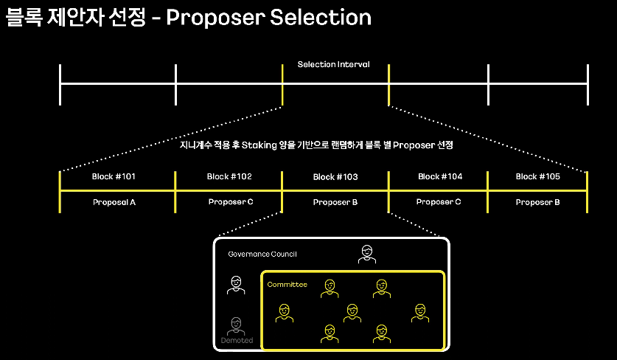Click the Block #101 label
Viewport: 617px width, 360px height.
114,177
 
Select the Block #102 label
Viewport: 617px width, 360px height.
229,177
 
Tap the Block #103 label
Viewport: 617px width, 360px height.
335,177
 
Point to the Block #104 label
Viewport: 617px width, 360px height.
440,177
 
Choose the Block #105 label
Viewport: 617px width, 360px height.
537,177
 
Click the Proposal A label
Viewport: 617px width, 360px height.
114,201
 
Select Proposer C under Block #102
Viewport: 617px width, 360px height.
230,201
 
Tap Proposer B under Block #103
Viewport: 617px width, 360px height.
335,201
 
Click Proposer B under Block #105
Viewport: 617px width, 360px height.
538,201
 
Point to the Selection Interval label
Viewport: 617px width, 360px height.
333,65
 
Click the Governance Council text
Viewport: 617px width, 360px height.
262,254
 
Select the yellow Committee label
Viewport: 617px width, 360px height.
287,284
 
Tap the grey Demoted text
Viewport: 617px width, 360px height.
237,340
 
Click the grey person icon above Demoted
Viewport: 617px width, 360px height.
236,325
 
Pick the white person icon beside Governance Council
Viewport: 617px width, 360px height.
366,255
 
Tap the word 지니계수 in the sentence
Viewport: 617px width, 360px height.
193,145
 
